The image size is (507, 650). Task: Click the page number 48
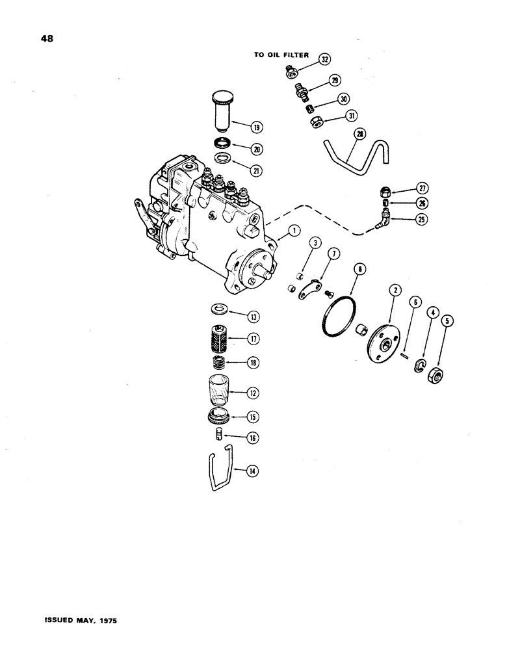tap(46, 38)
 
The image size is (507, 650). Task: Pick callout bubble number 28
tap(361, 135)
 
